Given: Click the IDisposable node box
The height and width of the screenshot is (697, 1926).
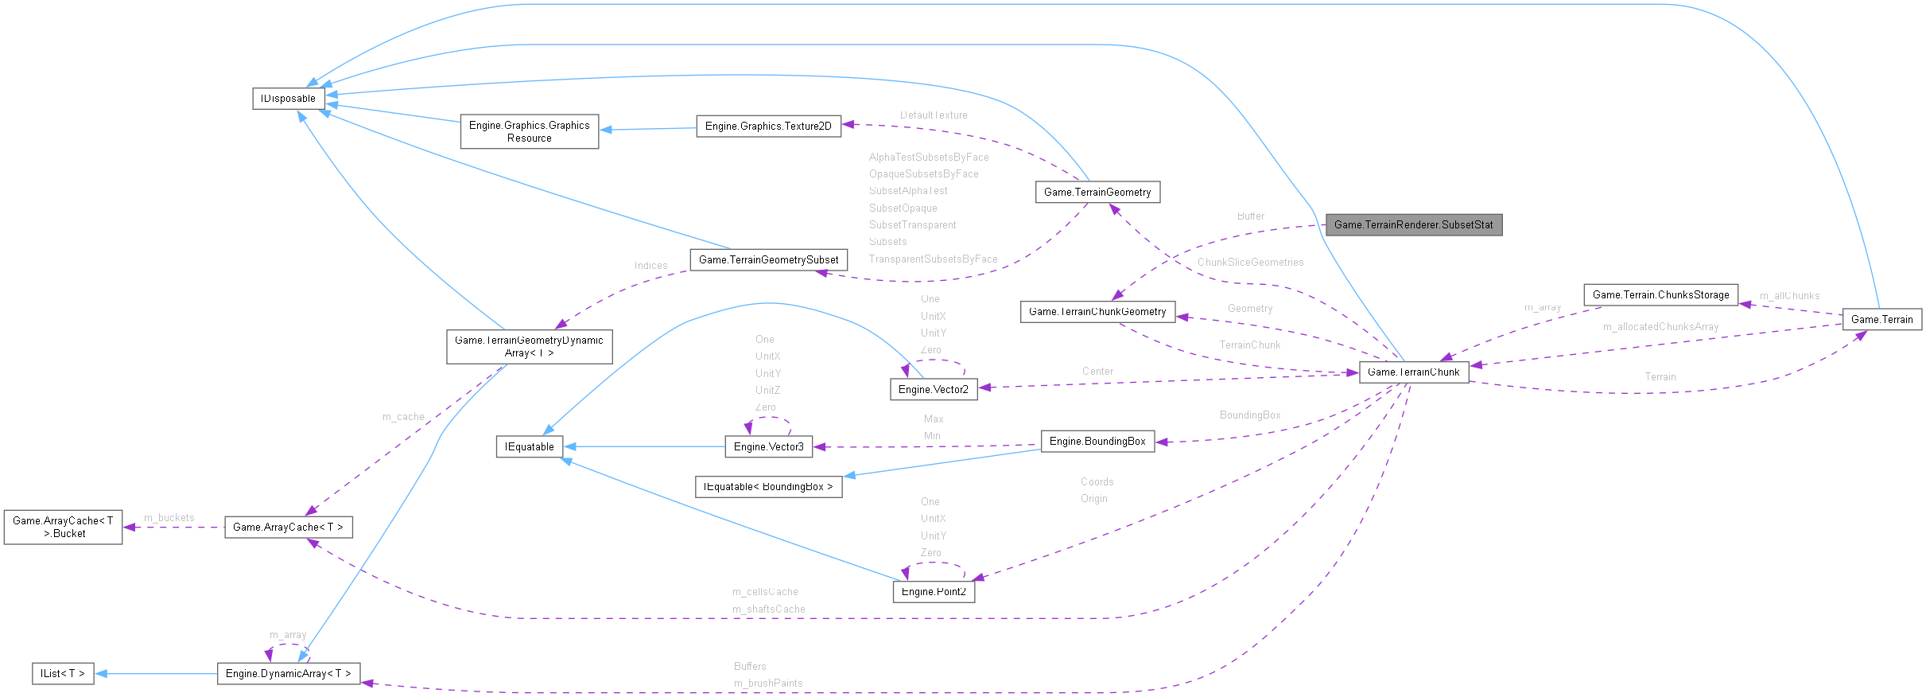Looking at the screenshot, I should [288, 99].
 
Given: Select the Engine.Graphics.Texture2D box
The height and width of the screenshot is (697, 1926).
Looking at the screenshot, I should [768, 126].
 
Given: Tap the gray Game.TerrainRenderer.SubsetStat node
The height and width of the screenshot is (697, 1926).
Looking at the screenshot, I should [1413, 225].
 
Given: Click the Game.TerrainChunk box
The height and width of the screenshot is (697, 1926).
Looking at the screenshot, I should [1413, 372].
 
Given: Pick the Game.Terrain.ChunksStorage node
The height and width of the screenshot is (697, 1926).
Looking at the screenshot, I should [1660, 294].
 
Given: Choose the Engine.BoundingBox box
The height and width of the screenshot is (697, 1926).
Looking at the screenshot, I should [1097, 441].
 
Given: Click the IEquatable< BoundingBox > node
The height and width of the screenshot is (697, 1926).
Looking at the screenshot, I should [768, 486].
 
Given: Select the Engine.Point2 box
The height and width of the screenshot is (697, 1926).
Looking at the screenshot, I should [934, 591].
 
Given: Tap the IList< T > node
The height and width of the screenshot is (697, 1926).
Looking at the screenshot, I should [63, 673].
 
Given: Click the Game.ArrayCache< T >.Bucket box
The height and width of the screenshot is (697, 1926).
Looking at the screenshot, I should [63, 527].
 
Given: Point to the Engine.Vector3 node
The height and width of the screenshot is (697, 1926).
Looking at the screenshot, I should [768, 446].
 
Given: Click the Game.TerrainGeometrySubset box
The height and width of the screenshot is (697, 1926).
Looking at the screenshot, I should [768, 259].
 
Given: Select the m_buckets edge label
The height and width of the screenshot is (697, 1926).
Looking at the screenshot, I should [169, 517].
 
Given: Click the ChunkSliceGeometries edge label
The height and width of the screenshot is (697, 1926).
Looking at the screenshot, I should [1250, 262].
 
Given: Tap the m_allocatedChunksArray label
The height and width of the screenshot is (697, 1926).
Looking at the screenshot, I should [1660, 326].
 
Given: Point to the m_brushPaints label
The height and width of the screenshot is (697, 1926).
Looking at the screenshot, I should [768, 683].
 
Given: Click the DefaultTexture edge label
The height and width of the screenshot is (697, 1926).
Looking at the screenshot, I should [934, 115].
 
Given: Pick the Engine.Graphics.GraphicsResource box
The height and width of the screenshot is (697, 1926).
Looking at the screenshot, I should [529, 131].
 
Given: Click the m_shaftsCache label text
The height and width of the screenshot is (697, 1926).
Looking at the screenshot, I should [768, 609].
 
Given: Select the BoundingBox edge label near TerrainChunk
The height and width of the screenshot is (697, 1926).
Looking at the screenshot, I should [1250, 415].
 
